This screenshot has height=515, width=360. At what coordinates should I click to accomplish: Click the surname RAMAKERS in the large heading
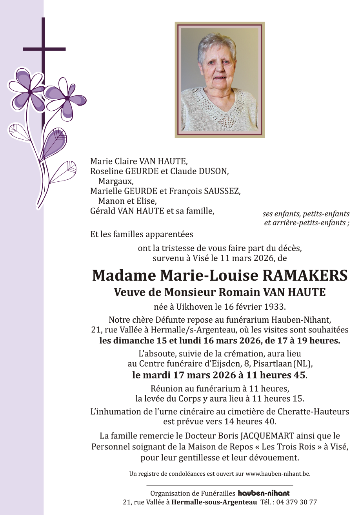[304, 276]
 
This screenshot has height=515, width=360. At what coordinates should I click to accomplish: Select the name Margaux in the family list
[116, 181]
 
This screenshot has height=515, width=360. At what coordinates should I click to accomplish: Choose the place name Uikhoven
[200, 307]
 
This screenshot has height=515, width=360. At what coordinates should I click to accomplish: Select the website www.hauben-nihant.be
[278, 474]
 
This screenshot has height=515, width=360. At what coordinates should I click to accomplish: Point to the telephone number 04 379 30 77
[297, 502]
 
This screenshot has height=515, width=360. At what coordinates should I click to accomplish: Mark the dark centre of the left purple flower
[30, 92]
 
